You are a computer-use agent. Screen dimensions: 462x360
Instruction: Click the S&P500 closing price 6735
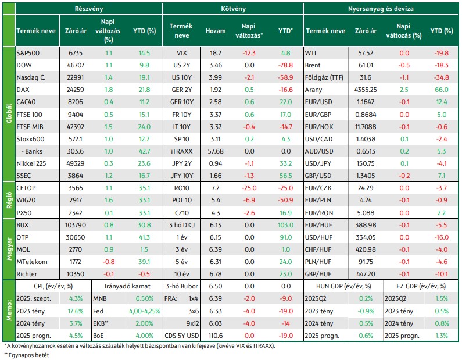(x=76, y=53)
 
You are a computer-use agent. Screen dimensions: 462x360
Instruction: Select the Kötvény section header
(x=233, y=9)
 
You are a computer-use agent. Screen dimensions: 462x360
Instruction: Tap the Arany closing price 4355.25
(x=366, y=90)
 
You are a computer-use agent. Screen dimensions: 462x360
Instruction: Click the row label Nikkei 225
(x=31, y=163)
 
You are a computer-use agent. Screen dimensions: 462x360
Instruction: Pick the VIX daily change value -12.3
(x=249, y=53)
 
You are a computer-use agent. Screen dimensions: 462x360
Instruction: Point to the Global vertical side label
(x=9, y=113)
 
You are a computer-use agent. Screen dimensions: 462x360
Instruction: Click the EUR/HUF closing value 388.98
(x=366, y=225)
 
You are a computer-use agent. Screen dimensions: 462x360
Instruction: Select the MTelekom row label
(x=32, y=262)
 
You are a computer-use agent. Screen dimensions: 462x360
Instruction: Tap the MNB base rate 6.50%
(x=144, y=298)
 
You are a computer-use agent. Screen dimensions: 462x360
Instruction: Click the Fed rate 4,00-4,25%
(x=144, y=311)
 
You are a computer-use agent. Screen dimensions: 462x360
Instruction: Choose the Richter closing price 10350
(x=76, y=274)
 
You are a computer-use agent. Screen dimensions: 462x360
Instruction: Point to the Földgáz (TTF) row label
(x=324, y=77)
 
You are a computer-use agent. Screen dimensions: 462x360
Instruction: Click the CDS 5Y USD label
(x=181, y=336)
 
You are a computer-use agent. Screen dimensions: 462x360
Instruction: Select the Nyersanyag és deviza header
(x=381, y=9)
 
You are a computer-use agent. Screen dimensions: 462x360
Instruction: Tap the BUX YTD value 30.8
(x=144, y=225)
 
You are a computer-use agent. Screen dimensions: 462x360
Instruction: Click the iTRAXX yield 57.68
(x=216, y=151)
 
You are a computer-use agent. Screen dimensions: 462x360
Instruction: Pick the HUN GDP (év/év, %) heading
(x=343, y=286)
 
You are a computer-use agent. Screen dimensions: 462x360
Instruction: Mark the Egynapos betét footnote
(x=27, y=355)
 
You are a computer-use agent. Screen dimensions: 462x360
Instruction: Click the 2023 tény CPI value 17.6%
(x=76, y=311)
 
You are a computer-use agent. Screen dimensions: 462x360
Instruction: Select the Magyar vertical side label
(x=9, y=249)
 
